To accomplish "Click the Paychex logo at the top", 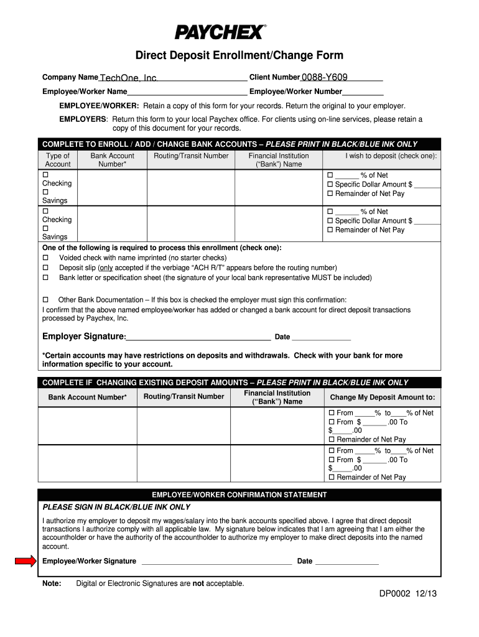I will tap(220, 32).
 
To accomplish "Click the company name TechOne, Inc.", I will tap(129, 78).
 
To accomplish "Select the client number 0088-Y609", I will tap(324, 77).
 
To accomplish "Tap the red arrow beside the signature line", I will tap(26, 561).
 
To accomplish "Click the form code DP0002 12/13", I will tap(408, 593).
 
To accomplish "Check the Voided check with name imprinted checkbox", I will tap(45, 258).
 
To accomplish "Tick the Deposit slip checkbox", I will tap(45, 267).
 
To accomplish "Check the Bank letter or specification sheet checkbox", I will tap(45, 277).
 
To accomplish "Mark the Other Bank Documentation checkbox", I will tap(45, 300).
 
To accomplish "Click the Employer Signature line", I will tap(198, 338).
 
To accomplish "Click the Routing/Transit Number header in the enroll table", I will tap(191, 156).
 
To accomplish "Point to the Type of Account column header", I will tap(58, 160).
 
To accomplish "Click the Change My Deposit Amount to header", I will tap(382, 398).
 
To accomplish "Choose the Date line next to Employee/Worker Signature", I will tap(346, 562).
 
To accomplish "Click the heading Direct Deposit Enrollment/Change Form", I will tap(240, 56).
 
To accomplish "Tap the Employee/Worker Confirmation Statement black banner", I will tap(240, 495).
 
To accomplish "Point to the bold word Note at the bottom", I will tap(52, 584).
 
